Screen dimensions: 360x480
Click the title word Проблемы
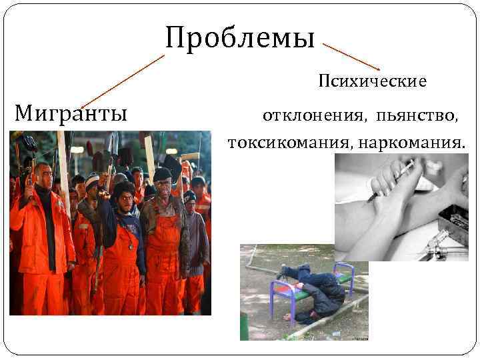[x=240, y=37]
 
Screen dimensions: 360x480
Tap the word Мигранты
[x=71, y=113]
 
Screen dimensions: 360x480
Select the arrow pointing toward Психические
[x=351, y=57]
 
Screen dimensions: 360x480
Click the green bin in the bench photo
[x=244, y=327]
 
